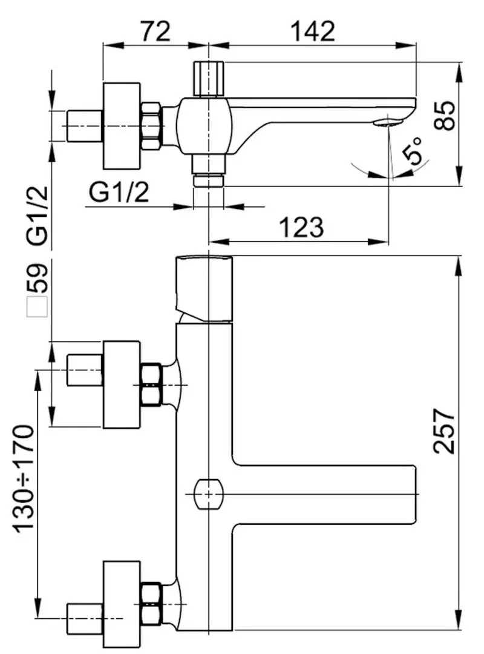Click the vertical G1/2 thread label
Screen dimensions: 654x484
coord(38,216)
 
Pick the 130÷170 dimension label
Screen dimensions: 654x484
coord(25,478)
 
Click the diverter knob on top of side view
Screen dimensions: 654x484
coord(208,78)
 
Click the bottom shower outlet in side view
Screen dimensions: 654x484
coord(208,180)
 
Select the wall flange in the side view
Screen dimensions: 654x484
coord(123,126)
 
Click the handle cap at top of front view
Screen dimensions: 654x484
coord(203,288)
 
